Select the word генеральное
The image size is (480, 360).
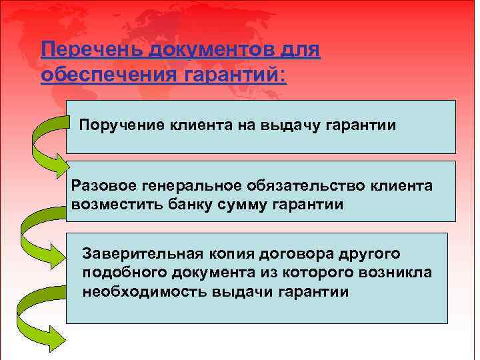pos(197,185)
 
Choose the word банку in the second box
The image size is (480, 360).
pos(187,204)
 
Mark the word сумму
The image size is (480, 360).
pos(243,204)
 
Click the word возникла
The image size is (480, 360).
pos(393,273)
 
